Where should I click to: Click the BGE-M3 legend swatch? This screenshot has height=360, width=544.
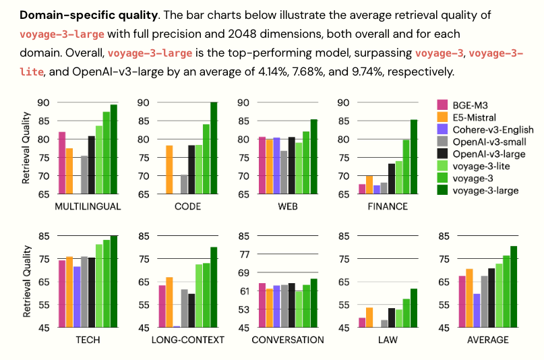tap(443, 104)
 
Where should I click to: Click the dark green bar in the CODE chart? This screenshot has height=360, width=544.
tap(214, 148)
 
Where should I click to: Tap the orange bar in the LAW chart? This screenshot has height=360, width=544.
tap(369, 318)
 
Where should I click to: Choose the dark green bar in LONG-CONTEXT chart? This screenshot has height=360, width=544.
tap(214, 287)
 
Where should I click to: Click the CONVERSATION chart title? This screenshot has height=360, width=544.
tap(287, 340)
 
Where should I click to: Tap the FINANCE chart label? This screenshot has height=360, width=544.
tap(387, 206)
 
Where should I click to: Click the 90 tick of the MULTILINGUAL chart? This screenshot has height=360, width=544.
tap(44, 102)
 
